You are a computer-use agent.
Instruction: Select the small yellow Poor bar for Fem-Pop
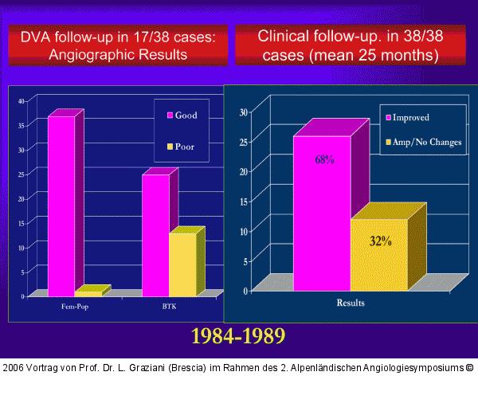coord(88,293)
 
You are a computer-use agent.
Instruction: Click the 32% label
coord(380,241)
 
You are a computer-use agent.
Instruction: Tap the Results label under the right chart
coord(351,303)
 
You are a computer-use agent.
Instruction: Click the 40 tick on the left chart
coord(22,100)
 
